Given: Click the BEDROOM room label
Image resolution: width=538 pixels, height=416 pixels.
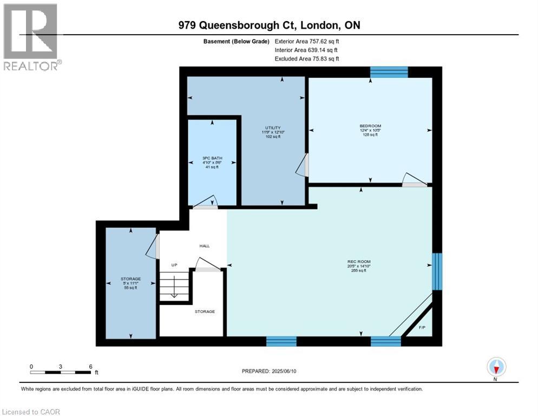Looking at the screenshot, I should pyautogui.click(x=370, y=126).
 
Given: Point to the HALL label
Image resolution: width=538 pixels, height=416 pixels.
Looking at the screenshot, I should pyautogui.click(x=204, y=245).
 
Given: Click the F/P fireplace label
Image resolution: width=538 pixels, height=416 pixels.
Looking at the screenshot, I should pyautogui.click(x=423, y=327).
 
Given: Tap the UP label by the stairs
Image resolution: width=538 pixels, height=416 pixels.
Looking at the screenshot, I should pyautogui.click(x=174, y=265).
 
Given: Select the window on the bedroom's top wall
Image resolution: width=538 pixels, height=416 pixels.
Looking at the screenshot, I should pyautogui.click(x=388, y=72).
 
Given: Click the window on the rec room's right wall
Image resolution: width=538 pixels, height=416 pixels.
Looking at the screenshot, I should pyautogui.click(x=437, y=271).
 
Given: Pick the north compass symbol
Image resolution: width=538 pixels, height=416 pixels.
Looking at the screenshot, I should pyautogui.click(x=496, y=367).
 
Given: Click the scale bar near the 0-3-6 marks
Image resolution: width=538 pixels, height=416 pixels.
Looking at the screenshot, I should pyautogui.click(x=61, y=372).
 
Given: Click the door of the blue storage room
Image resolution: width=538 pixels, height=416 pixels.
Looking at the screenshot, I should pyautogui.click(x=154, y=246).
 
